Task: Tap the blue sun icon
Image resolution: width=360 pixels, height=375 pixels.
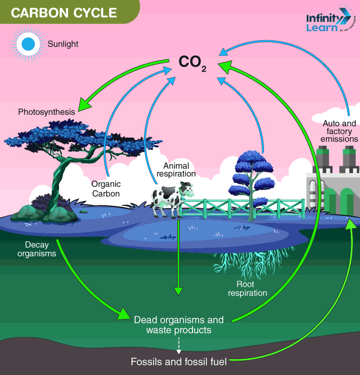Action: click(28, 44)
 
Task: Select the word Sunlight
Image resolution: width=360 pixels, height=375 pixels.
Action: click(63, 44)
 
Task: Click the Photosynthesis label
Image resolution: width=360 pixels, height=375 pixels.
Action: click(47, 112)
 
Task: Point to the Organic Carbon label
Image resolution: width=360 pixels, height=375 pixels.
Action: click(106, 189)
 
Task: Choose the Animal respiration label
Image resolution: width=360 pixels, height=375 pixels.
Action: click(176, 169)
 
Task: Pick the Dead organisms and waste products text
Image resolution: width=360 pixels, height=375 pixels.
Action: click(179, 325)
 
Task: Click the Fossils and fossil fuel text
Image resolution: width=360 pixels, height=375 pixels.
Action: click(179, 362)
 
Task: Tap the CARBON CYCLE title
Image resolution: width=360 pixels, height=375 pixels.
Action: click(64, 12)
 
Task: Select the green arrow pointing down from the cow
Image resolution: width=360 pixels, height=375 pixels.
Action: click(179, 259)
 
